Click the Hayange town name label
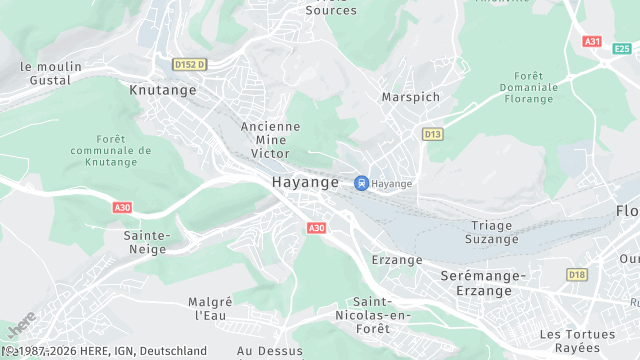(x=305, y=183)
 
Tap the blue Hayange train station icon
(x=361, y=183)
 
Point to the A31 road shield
(x=593, y=41)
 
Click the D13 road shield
(x=432, y=133)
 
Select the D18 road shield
(x=577, y=274)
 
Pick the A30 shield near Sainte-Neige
(x=122, y=207)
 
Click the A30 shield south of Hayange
(x=316, y=228)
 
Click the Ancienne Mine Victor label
(x=270, y=140)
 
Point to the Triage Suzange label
(x=493, y=232)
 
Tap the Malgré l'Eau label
(x=210, y=308)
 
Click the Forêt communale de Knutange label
(x=118, y=150)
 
